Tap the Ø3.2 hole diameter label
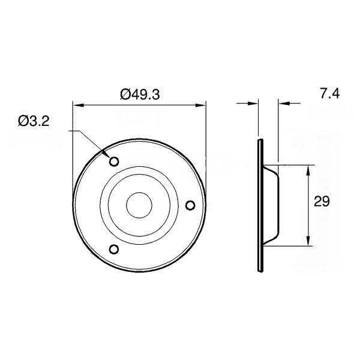[x=34, y=121]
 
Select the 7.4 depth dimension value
[x=330, y=94]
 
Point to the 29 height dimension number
[x=322, y=202]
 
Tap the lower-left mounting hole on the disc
[x=113, y=249]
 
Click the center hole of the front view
[x=139, y=205]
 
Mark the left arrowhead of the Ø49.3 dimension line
[x=77, y=106]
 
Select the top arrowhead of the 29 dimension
[x=308, y=169]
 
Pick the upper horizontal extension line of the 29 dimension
[x=297, y=164]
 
